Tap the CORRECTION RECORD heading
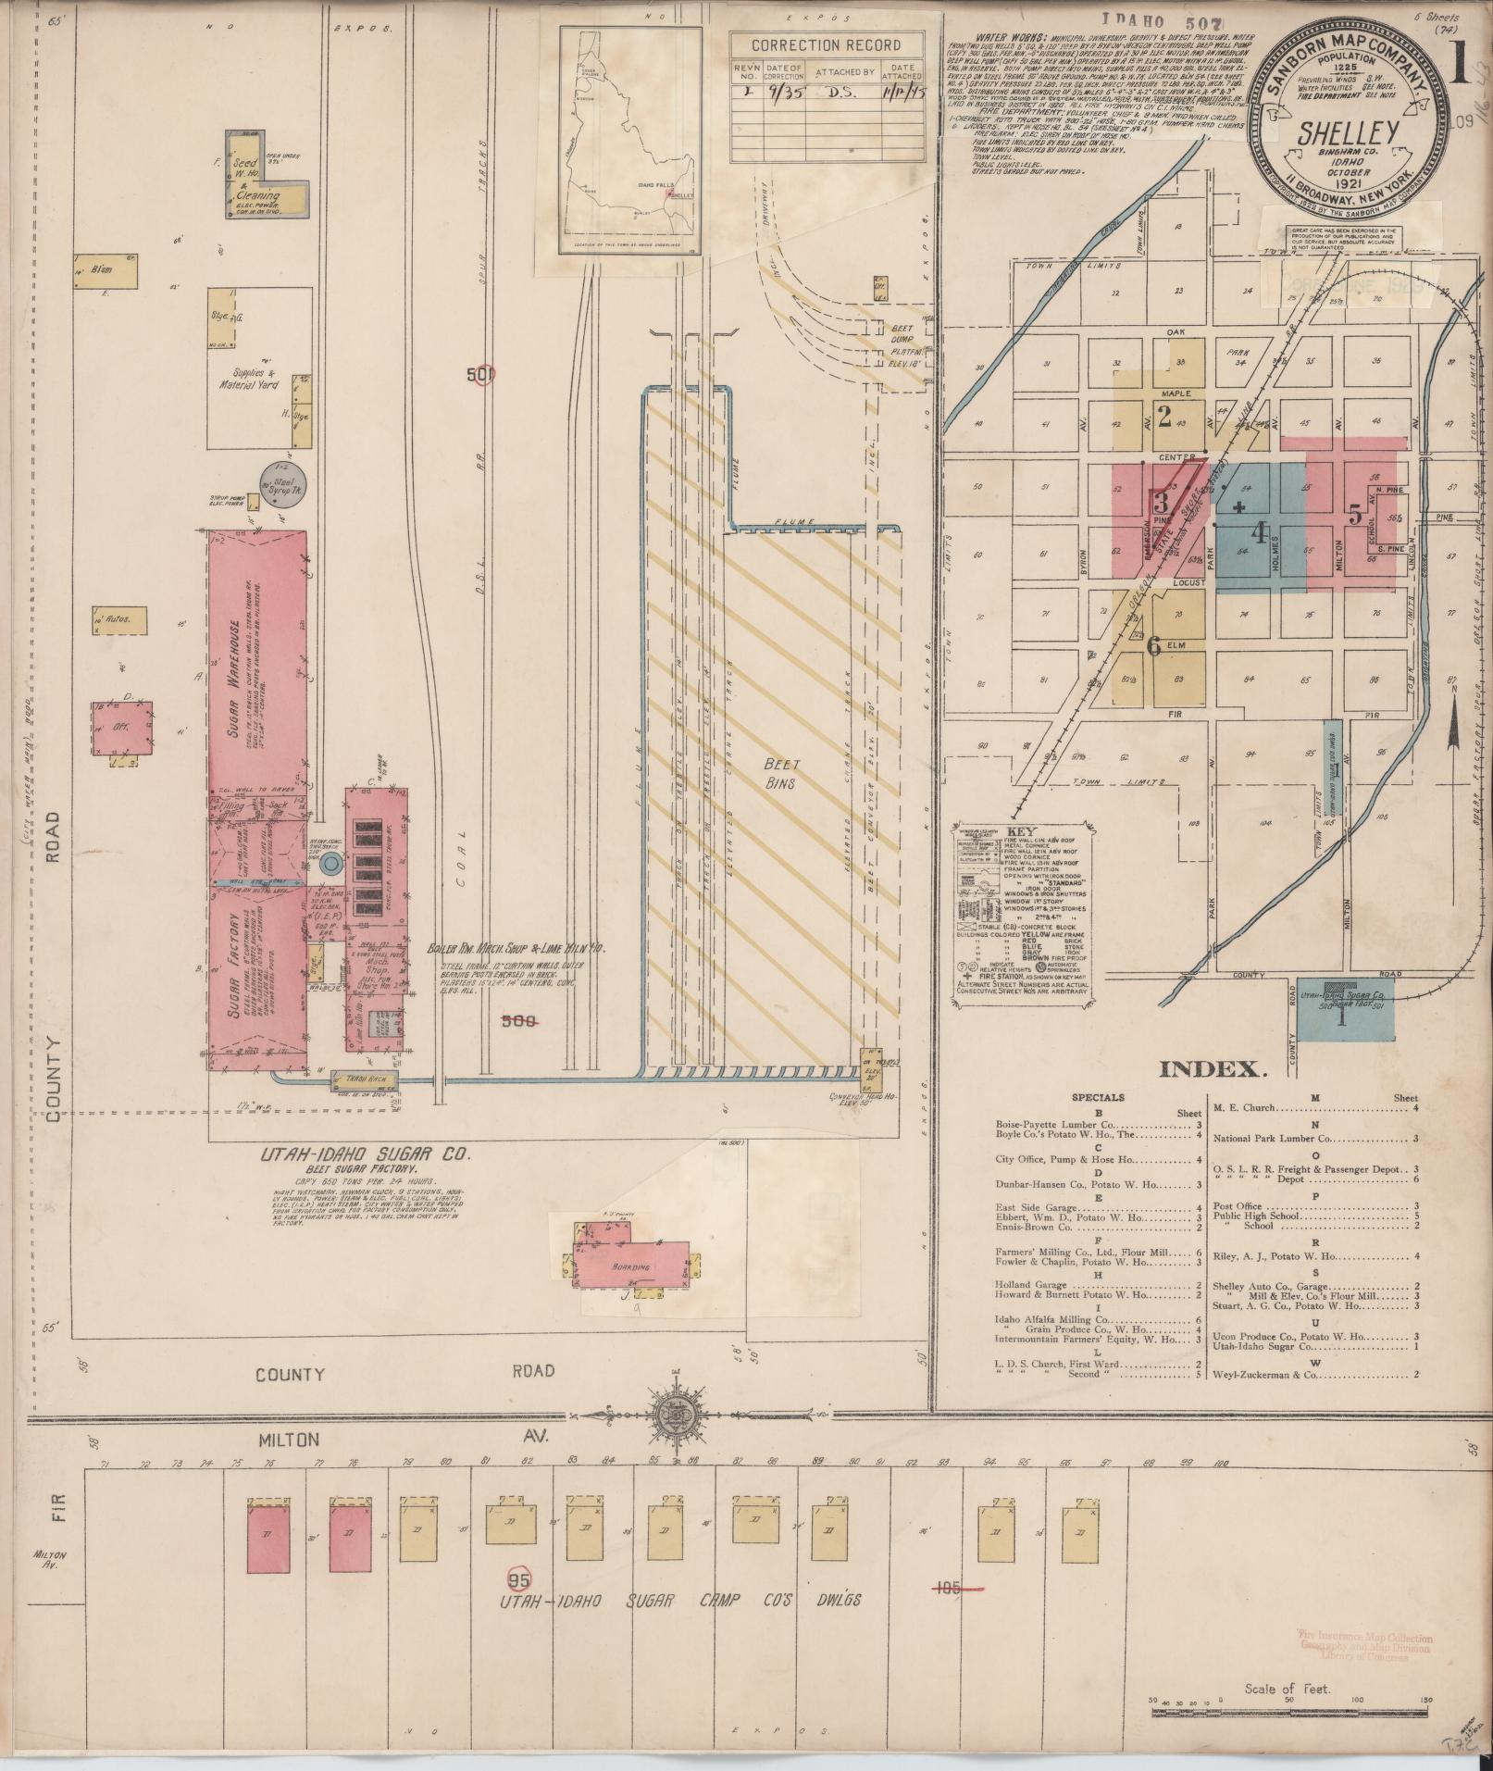click(x=825, y=45)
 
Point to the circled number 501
click(x=481, y=375)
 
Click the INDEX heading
click(x=1212, y=1069)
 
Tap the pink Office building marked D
click(x=121, y=727)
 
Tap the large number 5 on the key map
click(x=1354, y=515)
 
